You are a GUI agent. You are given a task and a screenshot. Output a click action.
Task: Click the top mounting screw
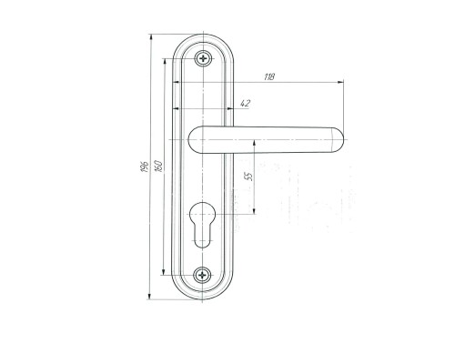[203, 58]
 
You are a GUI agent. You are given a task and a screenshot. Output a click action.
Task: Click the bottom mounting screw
[202, 275]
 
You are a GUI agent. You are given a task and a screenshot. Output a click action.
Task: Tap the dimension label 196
[146, 167]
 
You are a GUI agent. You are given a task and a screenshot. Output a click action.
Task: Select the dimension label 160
[159, 167]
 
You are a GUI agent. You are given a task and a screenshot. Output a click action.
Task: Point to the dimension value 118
[269, 77]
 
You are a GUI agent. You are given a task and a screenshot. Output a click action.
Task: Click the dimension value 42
[245, 104]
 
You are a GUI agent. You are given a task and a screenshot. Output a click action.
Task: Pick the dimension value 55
[248, 177]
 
